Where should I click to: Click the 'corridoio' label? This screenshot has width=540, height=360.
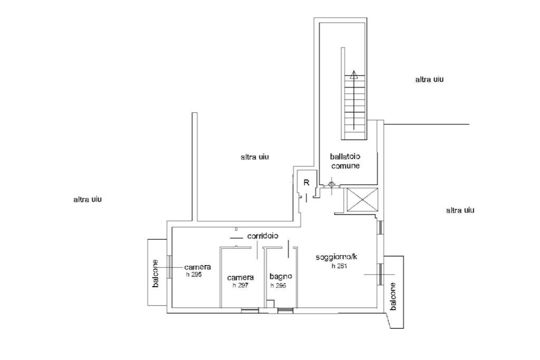pyautogui.click(x=263, y=236)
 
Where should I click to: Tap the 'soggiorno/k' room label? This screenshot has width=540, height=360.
pyautogui.click(x=337, y=257)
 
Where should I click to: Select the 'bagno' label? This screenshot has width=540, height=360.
pyautogui.click(x=281, y=276)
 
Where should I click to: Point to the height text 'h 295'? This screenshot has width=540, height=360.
pyautogui.click(x=194, y=274)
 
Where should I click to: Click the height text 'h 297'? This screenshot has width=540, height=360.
pyautogui.click(x=240, y=285)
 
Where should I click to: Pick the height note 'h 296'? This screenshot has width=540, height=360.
pyautogui.click(x=278, y=285)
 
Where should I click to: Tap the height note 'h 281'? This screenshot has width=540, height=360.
pyautogui.click(x=340, y=266)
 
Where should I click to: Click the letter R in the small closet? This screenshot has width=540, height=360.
pyautogui.click(x=306, y=182)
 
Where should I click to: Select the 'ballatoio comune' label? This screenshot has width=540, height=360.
pyautogui.click(x=345, y=161)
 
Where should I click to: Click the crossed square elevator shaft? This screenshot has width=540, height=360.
pyautogui.click(x=362, y=199)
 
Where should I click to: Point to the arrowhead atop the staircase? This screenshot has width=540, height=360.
pyautogui.click(x=353, y=74)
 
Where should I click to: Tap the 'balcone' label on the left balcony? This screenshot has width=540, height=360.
pyautogui.click(x=156, y=273)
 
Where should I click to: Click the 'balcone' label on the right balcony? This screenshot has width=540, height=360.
pyautogui.click(x=393, y=296)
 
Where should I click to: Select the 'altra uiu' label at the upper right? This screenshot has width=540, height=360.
pyautogui.click(x=429, y=80)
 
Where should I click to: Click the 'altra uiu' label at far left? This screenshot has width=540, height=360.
pyautogui.click(x=88, y=199)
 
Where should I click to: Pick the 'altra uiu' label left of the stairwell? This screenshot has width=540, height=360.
pyautogui.click(x=255, y=157)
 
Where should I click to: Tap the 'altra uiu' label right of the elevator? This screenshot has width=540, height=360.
pyautogui.click(x=460, y=210)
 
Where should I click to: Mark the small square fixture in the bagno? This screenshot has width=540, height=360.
pyautogui.click(x=271, y=304)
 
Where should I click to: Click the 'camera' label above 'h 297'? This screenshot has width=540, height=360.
pyautogui.click(x=240, y=277)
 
